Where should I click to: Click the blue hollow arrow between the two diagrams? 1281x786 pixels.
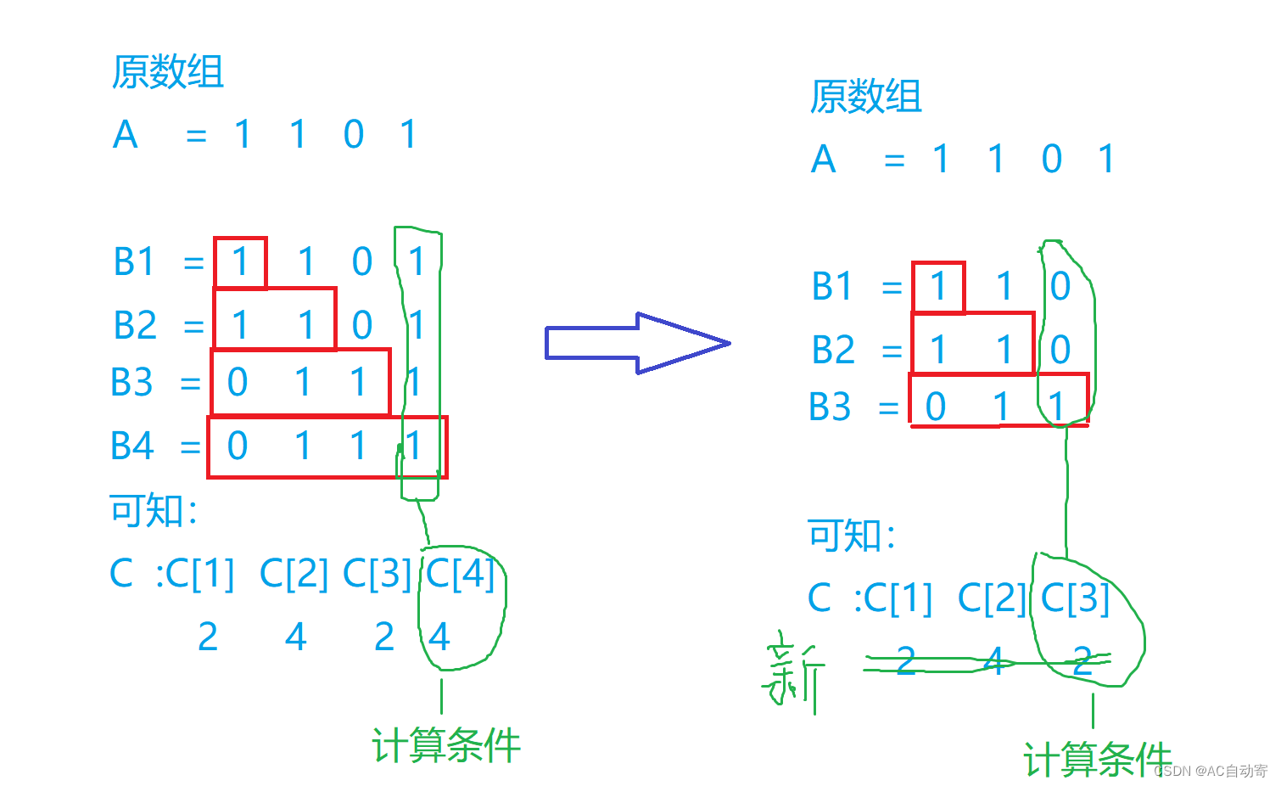coord(636,343)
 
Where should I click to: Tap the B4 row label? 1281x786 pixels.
coord(132,446)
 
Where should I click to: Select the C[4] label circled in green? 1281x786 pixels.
coord(460,573)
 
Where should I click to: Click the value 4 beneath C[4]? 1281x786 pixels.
coord(439,637)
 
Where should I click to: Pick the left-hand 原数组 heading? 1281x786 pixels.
coord(168,72)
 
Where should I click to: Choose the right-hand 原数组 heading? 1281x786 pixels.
coord(865,97)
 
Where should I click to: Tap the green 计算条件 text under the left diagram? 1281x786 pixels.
coord(446,746)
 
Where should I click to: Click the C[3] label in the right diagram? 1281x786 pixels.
coord(1075,598)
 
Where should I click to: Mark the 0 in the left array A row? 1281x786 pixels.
coord(354,135)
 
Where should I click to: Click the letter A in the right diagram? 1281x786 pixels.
coord(823,160)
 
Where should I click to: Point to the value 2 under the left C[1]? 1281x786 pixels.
coord(208,637)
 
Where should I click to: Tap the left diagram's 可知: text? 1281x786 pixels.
coord(154,511)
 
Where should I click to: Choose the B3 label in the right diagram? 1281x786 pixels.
coord(830,407)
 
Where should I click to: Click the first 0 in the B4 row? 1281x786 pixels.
coord(238,446)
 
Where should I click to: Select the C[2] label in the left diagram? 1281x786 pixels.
coord(294,573)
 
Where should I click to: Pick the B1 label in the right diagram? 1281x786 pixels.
coord(831,287)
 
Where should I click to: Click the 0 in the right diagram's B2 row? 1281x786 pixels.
coord(1060,350)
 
